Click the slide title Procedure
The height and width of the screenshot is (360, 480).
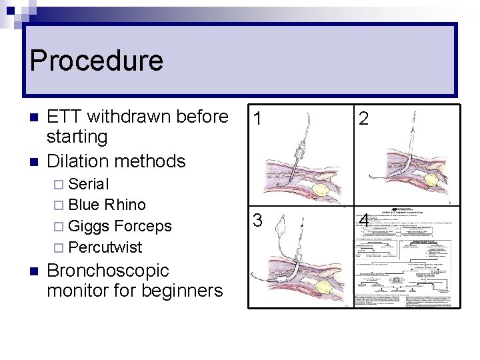[x=96, y=61]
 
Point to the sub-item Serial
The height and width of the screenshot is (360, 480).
[x=89, y=184]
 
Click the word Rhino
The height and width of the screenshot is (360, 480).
[x=125, y=205]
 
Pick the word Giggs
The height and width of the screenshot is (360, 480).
[x=89, y=226]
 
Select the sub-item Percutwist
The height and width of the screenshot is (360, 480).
[x=105, y=247]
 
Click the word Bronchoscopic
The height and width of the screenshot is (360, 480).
[x=108, y=271]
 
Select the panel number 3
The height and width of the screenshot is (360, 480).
[x=257, y=219]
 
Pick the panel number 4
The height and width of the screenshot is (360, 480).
[x=364, y=220]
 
